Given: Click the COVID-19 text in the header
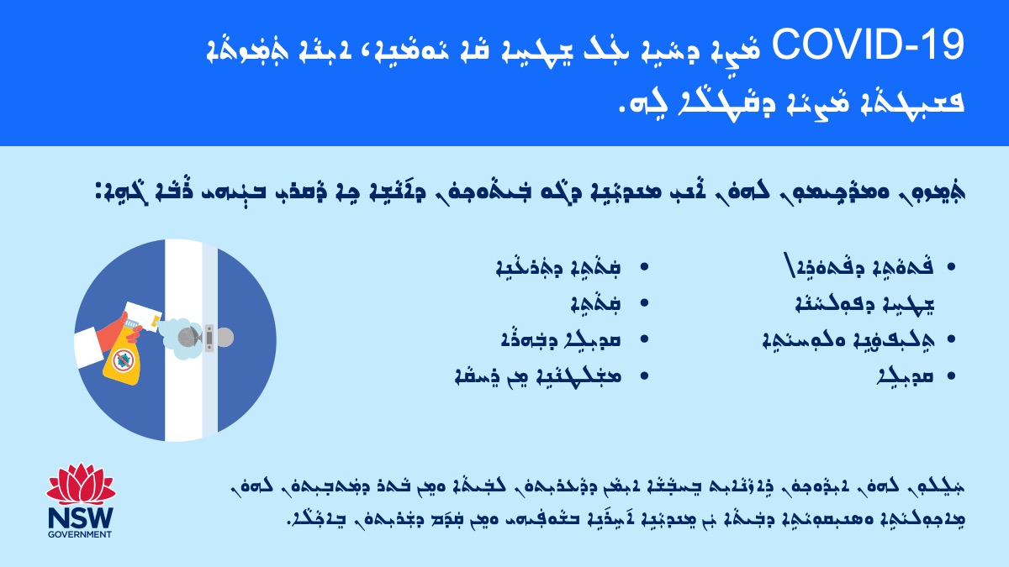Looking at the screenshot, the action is pyautogui.click(x=868, y=45).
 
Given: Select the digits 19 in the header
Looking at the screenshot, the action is pyautogui.click(x=943, y=45).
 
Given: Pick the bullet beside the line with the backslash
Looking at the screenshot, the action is pyautogui.click(x=951, y=267).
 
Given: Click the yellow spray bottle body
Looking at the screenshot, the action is pyautogui.click(x=122, y=358).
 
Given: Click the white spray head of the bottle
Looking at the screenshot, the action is pyautogui.click(x=142, y=318).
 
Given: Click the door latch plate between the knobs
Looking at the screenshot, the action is pyautogui.click(x=209, y=338).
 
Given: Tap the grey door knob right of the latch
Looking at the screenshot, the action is pyautogui.click(x=224, y=338).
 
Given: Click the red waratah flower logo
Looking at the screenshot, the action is pyautogui.click(x=81, y=484).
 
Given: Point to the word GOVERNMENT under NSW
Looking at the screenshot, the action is pyautogui.click(x=80, y=534).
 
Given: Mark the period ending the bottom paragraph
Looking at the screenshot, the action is pyautogui.click(x=288, y=522).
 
